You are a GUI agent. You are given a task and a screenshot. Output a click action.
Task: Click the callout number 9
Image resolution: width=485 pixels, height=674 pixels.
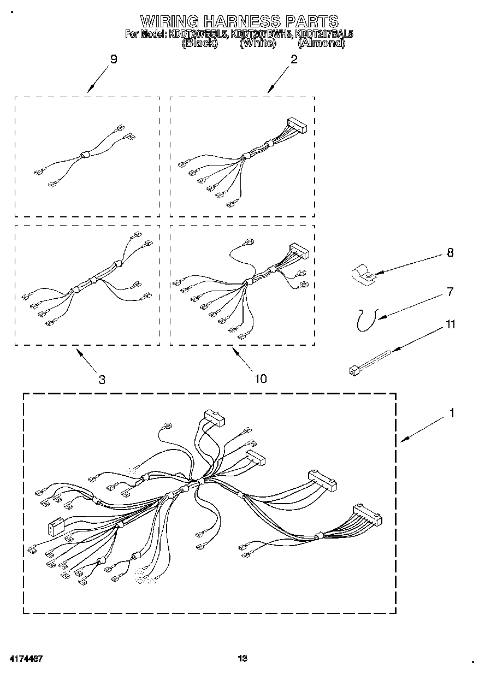tap(114, 60)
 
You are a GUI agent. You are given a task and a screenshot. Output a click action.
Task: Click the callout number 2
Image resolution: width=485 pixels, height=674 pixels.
tap(294, 60)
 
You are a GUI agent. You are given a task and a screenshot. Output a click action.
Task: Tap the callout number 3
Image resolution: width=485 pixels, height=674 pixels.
tap(102, 379)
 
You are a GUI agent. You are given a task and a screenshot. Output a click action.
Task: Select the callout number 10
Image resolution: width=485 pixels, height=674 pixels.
tap(261, 378)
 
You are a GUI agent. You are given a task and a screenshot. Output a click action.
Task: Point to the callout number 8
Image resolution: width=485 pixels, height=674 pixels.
tap(450, 253)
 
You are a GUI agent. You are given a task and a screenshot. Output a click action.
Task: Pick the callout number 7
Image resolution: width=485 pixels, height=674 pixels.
tap(450, 292)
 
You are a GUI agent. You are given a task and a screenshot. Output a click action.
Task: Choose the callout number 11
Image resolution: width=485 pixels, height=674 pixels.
tap(450, 324)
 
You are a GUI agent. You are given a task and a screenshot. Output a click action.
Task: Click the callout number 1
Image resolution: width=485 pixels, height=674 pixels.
tap(452, 413)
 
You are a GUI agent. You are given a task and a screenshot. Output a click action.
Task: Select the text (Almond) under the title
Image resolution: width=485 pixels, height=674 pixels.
tap(321, 43)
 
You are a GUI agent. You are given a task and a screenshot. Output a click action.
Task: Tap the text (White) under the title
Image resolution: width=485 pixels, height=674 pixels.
tap(257, 43)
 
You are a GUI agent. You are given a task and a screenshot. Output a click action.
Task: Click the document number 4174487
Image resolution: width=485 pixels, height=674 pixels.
tap(26, 659)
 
